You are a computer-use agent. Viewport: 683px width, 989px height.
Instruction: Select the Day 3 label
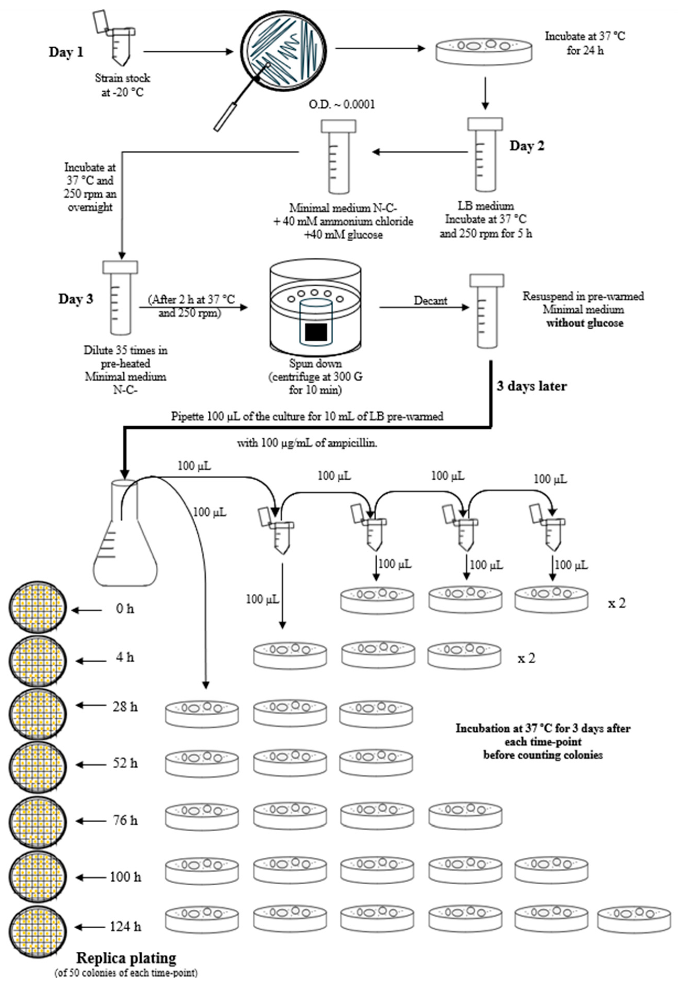click(75, 299)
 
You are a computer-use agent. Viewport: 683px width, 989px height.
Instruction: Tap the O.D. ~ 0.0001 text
click(342, 105)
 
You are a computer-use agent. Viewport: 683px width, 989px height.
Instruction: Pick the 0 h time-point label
click(125, 608)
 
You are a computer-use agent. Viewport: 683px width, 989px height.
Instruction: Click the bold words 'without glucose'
click(585, 323)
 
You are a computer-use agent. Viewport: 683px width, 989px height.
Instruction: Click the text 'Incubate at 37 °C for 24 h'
click(585, 43)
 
